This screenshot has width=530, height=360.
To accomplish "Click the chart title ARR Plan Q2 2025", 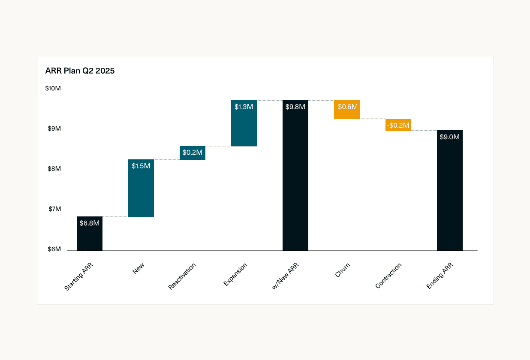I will click(80, 71).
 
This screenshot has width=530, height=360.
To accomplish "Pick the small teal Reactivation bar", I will click(193, 153).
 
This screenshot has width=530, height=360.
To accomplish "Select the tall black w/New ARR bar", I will click(295, 180).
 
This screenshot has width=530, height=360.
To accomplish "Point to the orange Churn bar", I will click(347, 109).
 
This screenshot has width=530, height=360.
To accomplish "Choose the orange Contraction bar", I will click(398, 125).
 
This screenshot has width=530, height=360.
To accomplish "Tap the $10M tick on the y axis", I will click(53, 88).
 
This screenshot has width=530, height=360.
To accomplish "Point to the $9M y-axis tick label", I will click(54, 129).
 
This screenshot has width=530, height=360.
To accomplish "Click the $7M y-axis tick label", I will click(54, 209).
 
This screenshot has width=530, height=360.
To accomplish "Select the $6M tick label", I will click(54, 249).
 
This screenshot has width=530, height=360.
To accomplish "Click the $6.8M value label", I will click(90, 223).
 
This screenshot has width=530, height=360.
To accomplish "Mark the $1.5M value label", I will click(141, 166).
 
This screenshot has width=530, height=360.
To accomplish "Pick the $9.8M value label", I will click(295, 107).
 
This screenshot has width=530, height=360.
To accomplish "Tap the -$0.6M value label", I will click(347, 107).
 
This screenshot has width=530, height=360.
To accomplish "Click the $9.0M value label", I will click(450, 137).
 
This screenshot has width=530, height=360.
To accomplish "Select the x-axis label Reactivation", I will click(182, 276).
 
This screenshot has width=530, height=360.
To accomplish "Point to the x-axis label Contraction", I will click(388, 276).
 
